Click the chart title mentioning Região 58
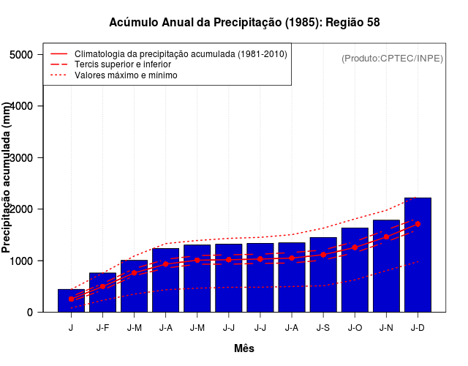(244, 23)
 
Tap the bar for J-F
(102, 292)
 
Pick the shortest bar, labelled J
(71, 301)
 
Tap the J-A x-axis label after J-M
(166, 328)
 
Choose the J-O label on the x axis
(355, 328)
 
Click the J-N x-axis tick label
(386, 328)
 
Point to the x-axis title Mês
(244, 348)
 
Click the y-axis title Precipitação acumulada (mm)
(7, 178)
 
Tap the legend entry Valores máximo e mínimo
(126, 75)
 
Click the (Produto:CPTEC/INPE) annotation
(393, 58)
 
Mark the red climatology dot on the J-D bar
(418, 224)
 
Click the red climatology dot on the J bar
(71, 299)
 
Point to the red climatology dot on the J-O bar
(355, 247)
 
